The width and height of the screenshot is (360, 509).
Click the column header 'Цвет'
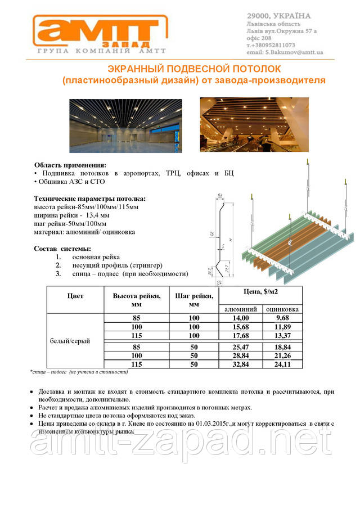[x=75, y=295]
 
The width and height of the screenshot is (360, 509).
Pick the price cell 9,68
[x=282, y=318]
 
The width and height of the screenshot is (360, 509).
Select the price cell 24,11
[x=282, y=364]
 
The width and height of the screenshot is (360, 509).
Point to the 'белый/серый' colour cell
[x=70, y=341]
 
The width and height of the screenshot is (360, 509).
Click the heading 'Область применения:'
[x=70, y=165]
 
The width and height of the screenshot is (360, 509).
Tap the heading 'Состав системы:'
[x=62, y=249]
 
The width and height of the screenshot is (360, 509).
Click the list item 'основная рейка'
[x=96, y=257]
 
